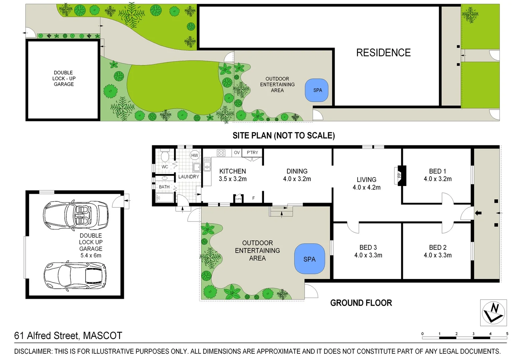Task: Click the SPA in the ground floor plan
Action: click(309, 259)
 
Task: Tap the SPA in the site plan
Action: click(317, 90)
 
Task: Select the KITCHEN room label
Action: click(233, 171)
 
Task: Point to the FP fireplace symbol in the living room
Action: click(400, 175)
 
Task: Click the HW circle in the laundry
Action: click(195, 155)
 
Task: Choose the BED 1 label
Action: click(437, 171)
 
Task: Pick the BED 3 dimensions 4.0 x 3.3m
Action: click(368, 255)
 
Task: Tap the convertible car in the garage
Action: click(76, 215)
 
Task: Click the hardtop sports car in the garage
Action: click(76, 275)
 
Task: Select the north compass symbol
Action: click(493, 313)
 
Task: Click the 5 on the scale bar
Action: click(507, 334)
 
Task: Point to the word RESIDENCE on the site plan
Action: click(383, 53)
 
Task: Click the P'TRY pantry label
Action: click(252, 152)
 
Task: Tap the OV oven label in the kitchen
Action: click(237, 152)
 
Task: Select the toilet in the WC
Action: click(165, 156)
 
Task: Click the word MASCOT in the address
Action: click(102, 335)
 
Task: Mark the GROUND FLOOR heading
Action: click(361, 303)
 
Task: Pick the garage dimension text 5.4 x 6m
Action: click(91, 255)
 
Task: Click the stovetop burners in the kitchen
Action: click(221, 153)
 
